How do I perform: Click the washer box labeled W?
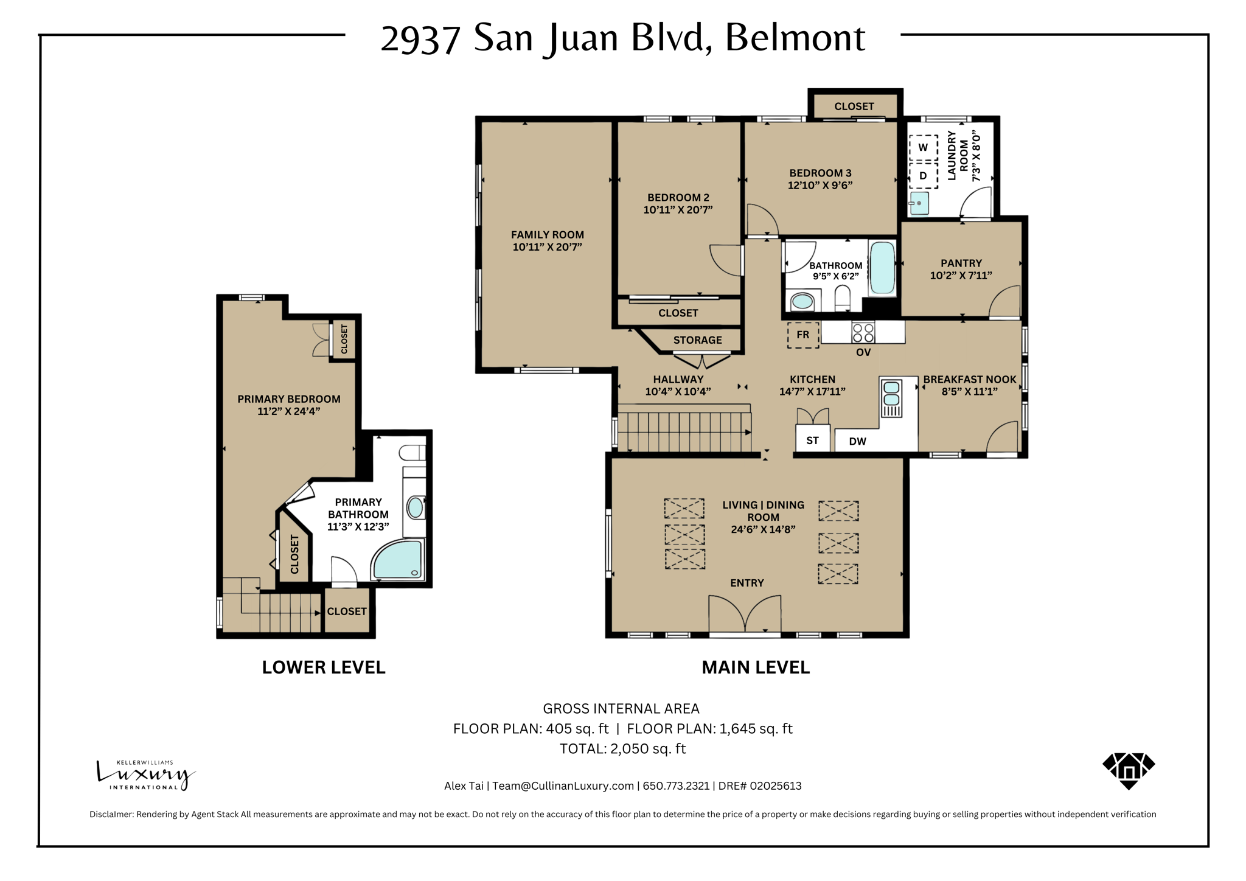tap(923, 147)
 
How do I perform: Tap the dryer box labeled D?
tap(923, 176)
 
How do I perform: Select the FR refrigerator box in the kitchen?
tap(803, 335)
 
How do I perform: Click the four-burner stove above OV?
tap(863, 333)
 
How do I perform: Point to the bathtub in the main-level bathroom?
tap(882, 268)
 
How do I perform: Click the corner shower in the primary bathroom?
tap(396, 560)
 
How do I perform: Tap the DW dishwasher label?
tap(857, 441)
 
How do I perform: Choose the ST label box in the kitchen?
tap(812, 441)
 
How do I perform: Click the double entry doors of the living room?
tap(745, 615)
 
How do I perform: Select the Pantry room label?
tap(961, 263)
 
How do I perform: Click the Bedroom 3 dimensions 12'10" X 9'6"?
tap(820, 186)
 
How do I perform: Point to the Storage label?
tap(697, 340)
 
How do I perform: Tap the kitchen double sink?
tap(891, 394)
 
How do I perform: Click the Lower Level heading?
tap(324, 667)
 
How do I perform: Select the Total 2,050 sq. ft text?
tap(622, 749)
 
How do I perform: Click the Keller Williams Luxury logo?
tap(145, 775)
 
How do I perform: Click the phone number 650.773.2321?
tap(676, 785)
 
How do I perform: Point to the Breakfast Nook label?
tap(969, 379)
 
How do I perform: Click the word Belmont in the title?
tap(795, 38)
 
